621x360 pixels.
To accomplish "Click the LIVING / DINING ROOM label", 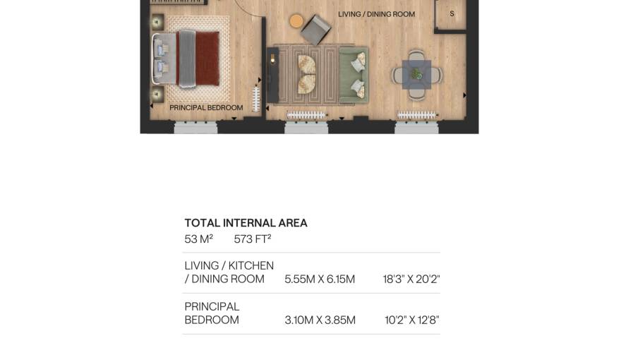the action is (376, 14).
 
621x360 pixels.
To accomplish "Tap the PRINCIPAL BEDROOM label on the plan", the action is (206, 108).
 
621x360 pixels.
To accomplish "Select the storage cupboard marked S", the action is (451, 15).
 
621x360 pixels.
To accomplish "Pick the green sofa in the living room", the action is (354, 76).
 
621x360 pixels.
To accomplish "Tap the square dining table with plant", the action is (416, 74).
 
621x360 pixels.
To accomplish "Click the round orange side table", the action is (296, 21).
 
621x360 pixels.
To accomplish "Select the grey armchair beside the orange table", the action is (315, 30).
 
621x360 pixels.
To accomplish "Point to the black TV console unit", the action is (272, 75).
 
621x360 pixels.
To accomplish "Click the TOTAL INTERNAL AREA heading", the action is (246, 223).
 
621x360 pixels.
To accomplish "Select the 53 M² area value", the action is (199, 239).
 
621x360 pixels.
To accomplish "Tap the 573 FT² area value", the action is (253, 239).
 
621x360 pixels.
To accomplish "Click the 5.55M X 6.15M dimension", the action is (320, 280).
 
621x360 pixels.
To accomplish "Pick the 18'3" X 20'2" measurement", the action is (411, 280).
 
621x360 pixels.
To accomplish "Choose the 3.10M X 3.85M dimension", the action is (320, 320).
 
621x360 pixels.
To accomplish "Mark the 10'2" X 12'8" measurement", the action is (412, 320).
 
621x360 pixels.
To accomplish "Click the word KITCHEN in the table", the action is (251, 265).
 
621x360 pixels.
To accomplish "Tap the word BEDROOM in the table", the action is (212, 320).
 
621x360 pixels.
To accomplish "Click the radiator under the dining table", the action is (416, 115).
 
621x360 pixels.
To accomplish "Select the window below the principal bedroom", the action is (195, 127).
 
